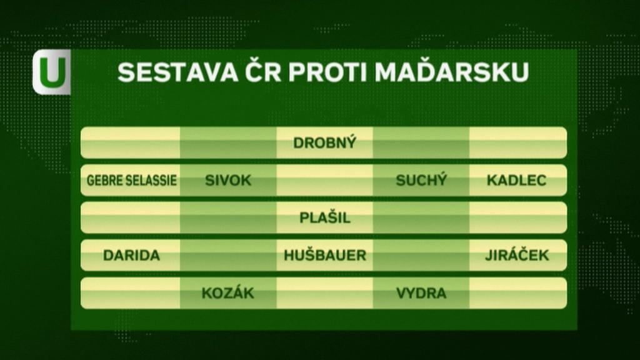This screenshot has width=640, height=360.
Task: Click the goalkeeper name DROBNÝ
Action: click(324, 142)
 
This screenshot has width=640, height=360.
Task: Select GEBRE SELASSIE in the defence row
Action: click(131, 181)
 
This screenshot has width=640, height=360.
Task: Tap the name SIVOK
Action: click(227, 181)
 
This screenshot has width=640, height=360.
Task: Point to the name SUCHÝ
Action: click(421, 180)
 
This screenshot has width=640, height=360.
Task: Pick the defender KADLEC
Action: click(516, 181)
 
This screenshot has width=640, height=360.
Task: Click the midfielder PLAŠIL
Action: click(325, 217)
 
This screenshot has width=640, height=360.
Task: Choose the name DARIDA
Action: click(131, 256)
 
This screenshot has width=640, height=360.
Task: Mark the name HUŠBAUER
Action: click(325, 255)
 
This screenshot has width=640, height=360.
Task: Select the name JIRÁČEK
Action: click(517, 255)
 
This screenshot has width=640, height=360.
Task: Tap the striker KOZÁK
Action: click(227, 292)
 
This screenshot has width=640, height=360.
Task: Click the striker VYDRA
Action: click(421, 293)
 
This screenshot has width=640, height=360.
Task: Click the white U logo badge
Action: click(52, 72)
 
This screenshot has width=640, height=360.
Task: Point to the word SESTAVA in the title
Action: click(178, 72)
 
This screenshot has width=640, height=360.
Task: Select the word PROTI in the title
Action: click(328, 72)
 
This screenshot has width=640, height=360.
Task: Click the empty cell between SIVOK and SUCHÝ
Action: click(324, 181)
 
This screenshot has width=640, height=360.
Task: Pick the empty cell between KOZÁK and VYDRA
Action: click(324, 293)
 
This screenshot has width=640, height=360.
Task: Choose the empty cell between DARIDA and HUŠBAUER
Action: click(228, 256)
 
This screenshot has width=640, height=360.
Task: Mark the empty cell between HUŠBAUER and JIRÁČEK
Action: click(421, 256)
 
